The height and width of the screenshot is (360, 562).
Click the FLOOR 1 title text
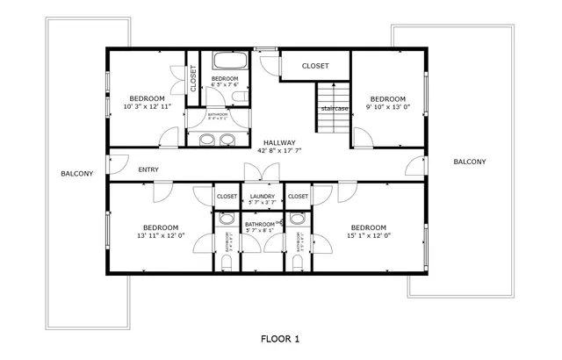[281, 338]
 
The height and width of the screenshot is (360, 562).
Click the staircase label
[335, 108]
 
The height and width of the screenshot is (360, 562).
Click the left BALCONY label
[76, 174]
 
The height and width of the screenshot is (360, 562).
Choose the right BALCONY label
[470, 162]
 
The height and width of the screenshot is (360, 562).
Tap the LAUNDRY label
[263, 197]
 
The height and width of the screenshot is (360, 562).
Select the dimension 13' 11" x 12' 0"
[161, 234]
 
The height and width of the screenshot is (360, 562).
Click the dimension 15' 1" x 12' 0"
[368, 234]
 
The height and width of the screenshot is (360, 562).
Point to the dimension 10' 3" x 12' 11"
[147, 106]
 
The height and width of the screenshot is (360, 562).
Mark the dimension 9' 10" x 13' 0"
[387, 106]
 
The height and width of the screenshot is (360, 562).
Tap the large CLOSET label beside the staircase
[315, 66]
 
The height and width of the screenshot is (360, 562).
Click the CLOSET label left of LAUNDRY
[227, 197]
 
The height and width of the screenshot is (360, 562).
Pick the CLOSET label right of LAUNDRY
[298, 197]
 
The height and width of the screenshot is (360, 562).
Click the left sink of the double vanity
[207, 139]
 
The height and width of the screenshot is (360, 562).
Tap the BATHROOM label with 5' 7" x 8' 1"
[260, 225]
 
